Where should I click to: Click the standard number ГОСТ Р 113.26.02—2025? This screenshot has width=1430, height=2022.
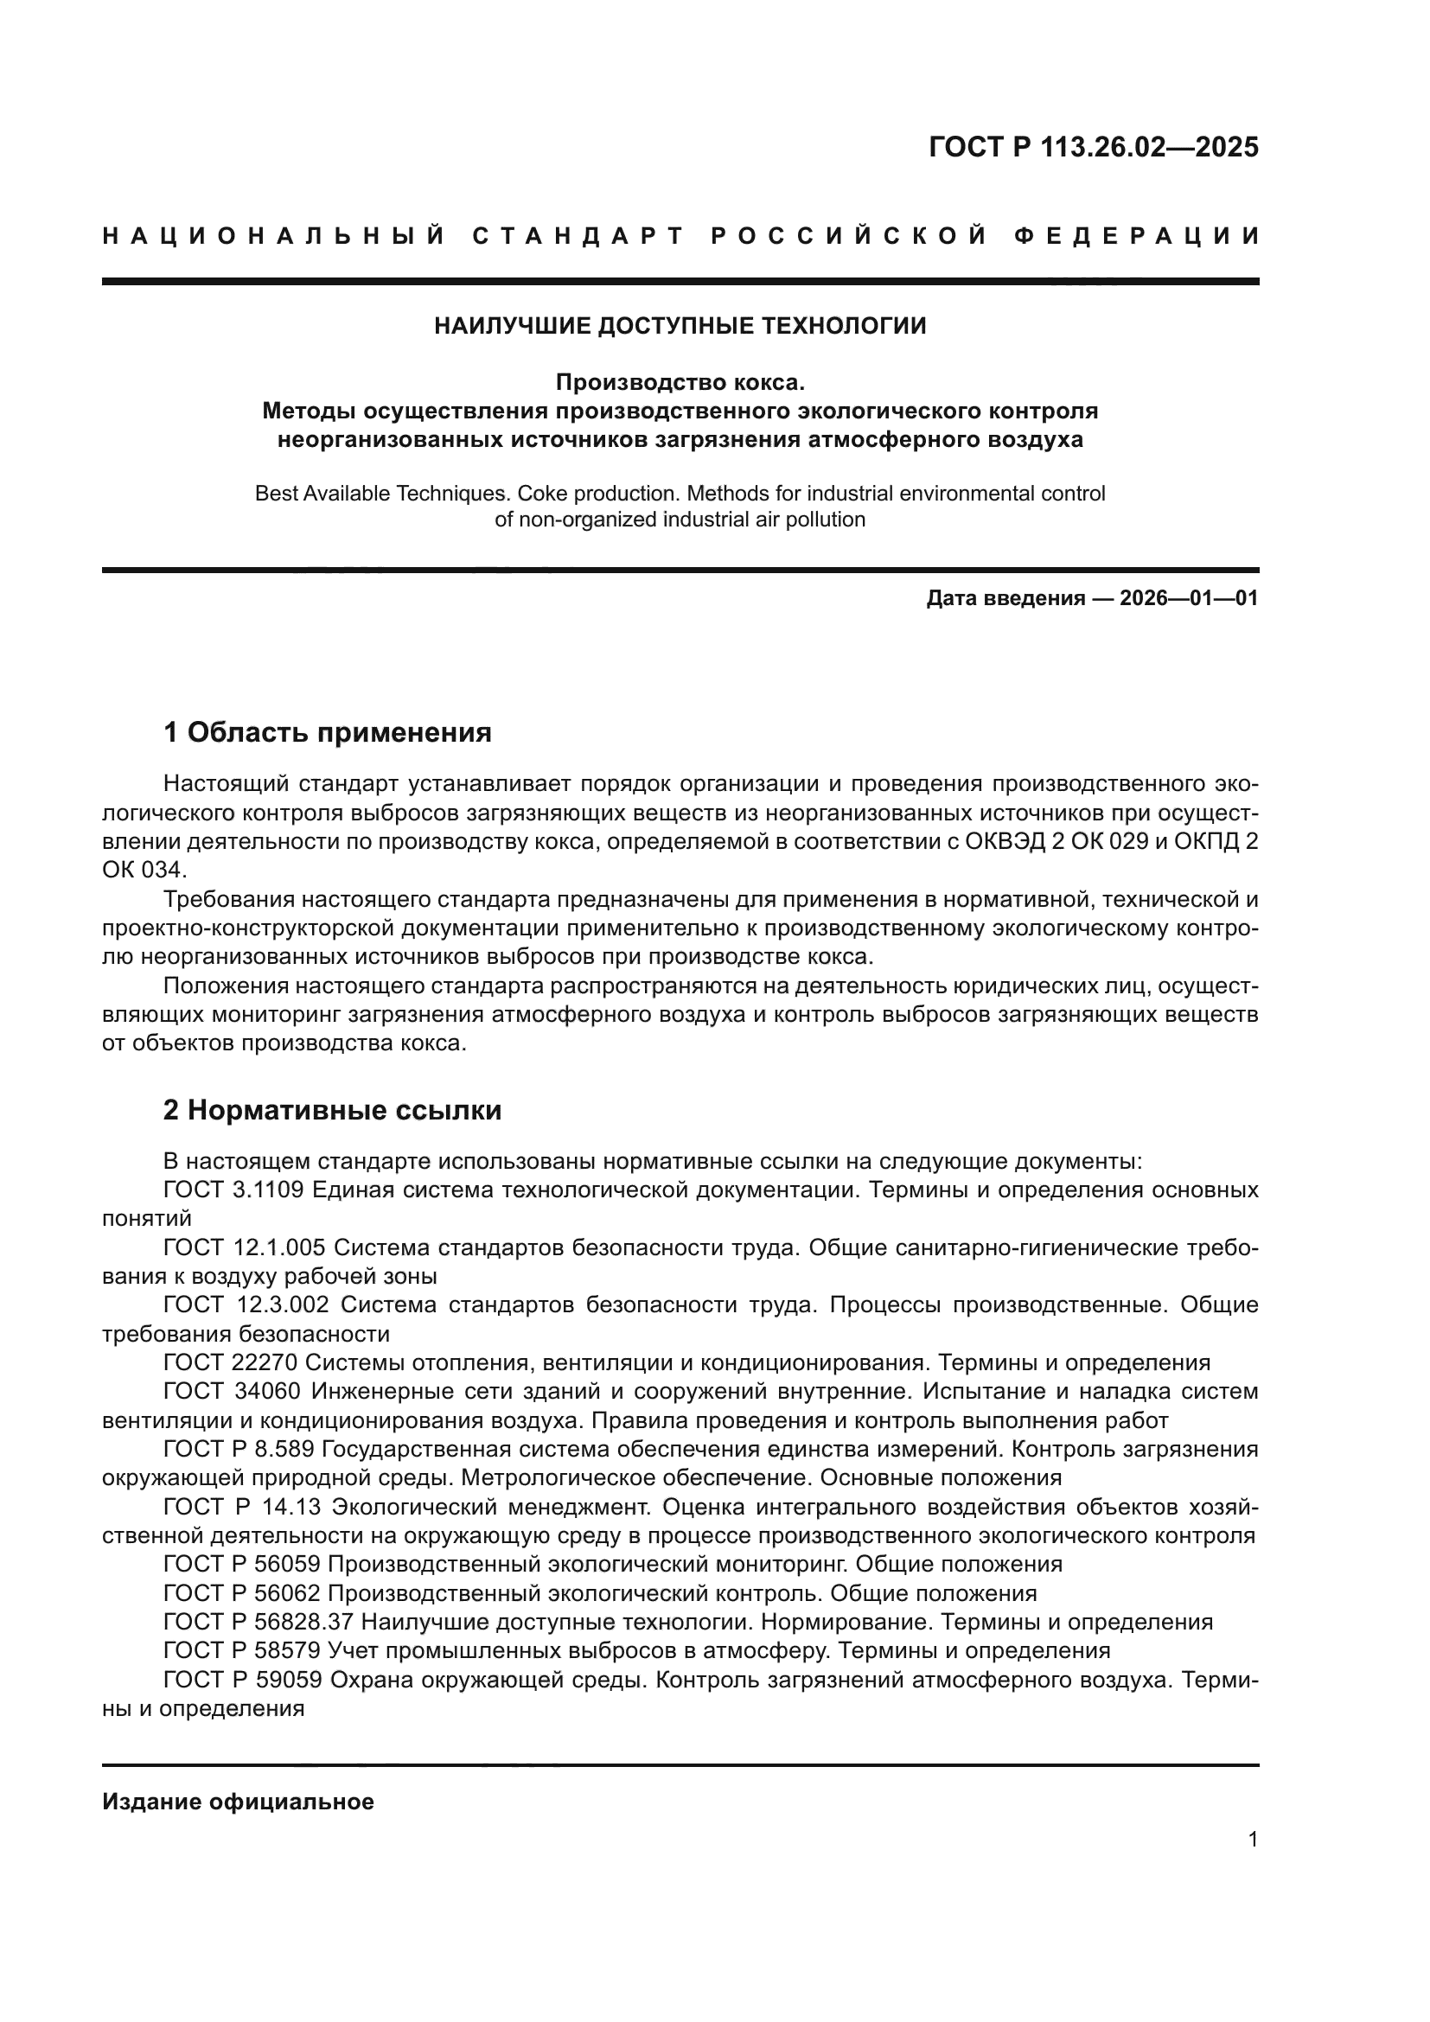coord(1093,147)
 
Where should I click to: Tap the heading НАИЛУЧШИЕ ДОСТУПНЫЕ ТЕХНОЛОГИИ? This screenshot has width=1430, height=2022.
coord(680,326)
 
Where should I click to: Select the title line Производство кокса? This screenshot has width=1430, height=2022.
coord(680,382)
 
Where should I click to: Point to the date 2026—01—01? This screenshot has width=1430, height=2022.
coord(1188,599)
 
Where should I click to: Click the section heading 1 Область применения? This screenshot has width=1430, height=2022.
coord(328,732)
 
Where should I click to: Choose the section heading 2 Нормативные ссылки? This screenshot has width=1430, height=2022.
coord(332,1111)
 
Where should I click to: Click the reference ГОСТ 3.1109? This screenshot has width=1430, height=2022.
coord(233,1190)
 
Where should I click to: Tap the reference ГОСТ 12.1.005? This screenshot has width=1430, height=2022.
coord(244,1248)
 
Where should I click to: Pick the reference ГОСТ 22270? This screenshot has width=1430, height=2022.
coord(233,1362)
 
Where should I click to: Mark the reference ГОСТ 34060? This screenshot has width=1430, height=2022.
coord(233,1392)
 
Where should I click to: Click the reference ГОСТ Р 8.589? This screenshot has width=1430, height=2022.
coord(239,1449)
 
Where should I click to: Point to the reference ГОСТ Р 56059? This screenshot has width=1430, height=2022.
coord(245,1564)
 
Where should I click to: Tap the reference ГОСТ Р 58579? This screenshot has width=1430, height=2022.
coord(245,1649)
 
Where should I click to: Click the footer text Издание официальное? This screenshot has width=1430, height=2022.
coord(238,1802)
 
